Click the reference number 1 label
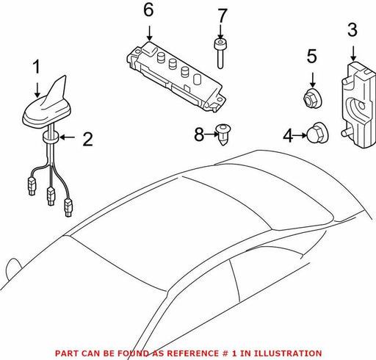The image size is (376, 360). coord(37,67)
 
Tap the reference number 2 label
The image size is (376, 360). coord(87,140)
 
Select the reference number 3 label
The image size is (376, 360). coord(352,30)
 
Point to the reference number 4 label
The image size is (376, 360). coord(288,136)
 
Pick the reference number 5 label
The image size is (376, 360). coord(312,57)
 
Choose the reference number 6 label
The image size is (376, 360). coord(148,10)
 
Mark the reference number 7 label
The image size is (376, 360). coord(223,16)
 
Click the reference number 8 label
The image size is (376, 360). coord(199,134)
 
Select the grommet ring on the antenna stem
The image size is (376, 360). coord(51,137)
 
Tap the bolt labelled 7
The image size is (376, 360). coord(220,54)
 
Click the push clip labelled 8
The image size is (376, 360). coord(223,134)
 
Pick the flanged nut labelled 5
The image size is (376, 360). coord(312,98)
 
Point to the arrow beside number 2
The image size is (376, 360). coord(67,137)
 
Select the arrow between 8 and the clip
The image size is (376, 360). coord(211,134)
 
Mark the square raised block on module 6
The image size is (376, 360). coord(149,48)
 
